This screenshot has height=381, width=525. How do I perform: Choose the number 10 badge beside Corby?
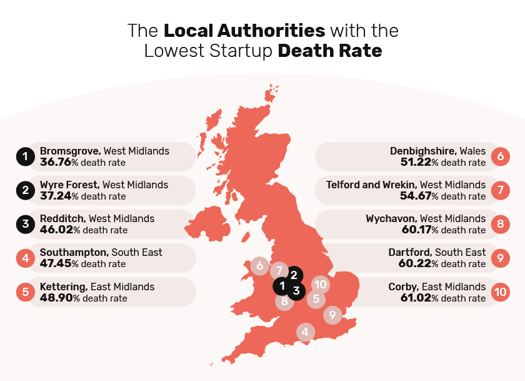click(500, 292)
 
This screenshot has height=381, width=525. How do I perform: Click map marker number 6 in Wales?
click(259, 266)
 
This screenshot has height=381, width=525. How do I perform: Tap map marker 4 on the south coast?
click(305, 332)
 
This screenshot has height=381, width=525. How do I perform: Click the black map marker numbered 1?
click(282, 287)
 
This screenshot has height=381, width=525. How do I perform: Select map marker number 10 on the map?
click(320, 285)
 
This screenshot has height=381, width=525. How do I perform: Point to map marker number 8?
click(284, 302)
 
